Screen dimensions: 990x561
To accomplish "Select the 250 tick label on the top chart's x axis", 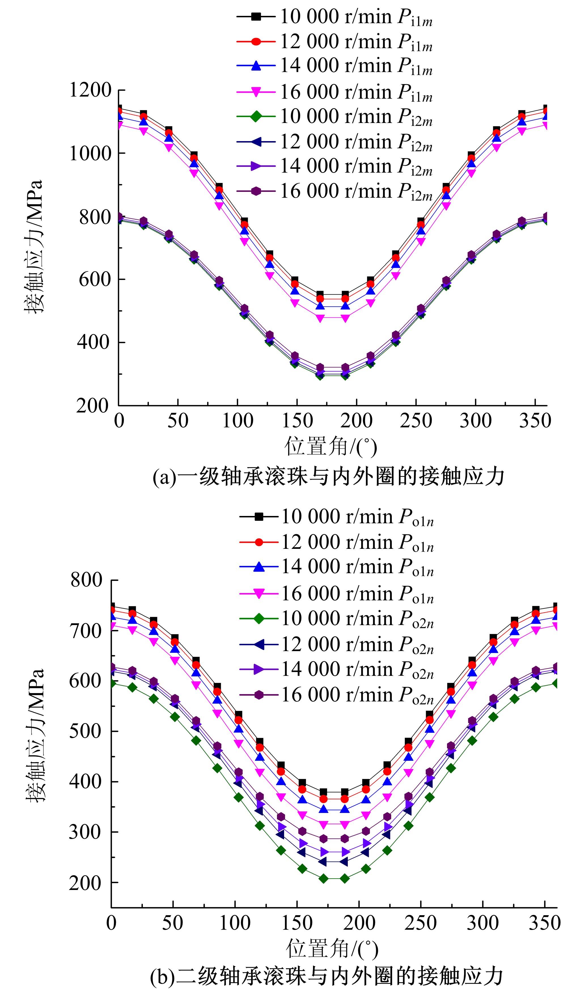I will pyautogui.click(x=416, y=420).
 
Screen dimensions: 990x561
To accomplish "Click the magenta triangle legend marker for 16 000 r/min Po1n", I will pyautogui.click(x=259, y=594).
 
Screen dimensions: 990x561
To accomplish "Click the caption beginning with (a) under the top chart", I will pyautogui.click(x=328, y=477).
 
